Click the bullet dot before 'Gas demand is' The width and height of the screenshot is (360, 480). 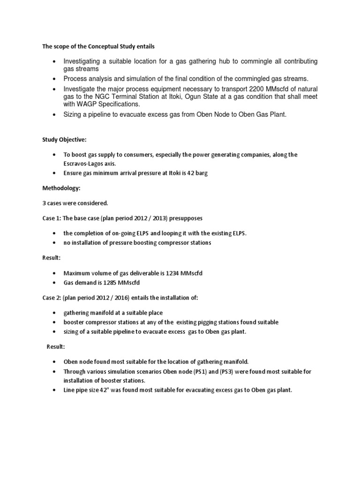pyautogui.click(x=55, y=283)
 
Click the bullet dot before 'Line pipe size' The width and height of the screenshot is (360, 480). pyautogui.click(x=55, y=390)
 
